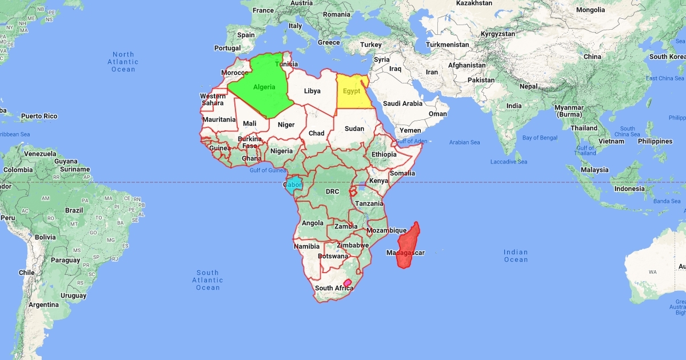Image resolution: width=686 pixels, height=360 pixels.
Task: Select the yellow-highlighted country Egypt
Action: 352,91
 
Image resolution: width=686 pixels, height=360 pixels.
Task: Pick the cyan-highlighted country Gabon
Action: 293,185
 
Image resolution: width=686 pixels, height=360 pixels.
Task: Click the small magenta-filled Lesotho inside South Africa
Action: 347,282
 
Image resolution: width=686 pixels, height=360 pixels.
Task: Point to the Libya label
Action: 312,91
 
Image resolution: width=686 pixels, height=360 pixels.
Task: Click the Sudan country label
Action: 354,129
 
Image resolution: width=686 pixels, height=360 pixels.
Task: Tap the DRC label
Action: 333,191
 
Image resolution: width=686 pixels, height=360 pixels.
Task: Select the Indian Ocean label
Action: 516,255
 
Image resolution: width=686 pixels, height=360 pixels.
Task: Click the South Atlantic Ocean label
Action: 208,280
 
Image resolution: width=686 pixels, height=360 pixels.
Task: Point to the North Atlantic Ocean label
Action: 123,62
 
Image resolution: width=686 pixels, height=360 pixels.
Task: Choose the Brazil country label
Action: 74,210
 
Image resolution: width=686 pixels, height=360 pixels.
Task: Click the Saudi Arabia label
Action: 402,103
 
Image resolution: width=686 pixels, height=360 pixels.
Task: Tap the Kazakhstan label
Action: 474,3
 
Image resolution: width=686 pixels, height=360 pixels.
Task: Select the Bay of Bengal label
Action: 540,138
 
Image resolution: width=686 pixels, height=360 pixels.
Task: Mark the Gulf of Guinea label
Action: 268,170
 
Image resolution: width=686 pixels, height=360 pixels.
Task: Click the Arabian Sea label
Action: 464,142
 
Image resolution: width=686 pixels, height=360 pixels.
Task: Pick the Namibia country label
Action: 306,246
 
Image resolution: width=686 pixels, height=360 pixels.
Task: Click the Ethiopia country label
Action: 384,154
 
